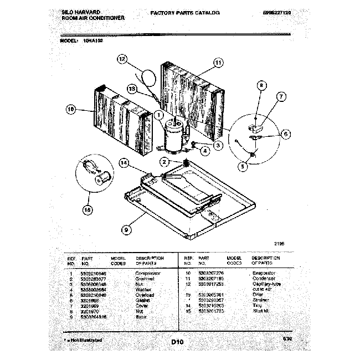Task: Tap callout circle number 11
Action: click(x=218, y=63)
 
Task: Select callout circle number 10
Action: click(x=71, y=110)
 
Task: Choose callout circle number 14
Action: click(x=124, y=162)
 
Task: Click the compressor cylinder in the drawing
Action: click(x=172, y=135)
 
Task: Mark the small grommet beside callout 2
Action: click(x=186, y=163)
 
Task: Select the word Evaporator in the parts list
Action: click(x=263, y=274)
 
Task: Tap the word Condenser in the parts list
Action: click(x=263, y=279)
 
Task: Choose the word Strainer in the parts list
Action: click(x=261, y=299)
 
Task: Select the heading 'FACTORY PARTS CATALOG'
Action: click(x=185, y=12)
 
